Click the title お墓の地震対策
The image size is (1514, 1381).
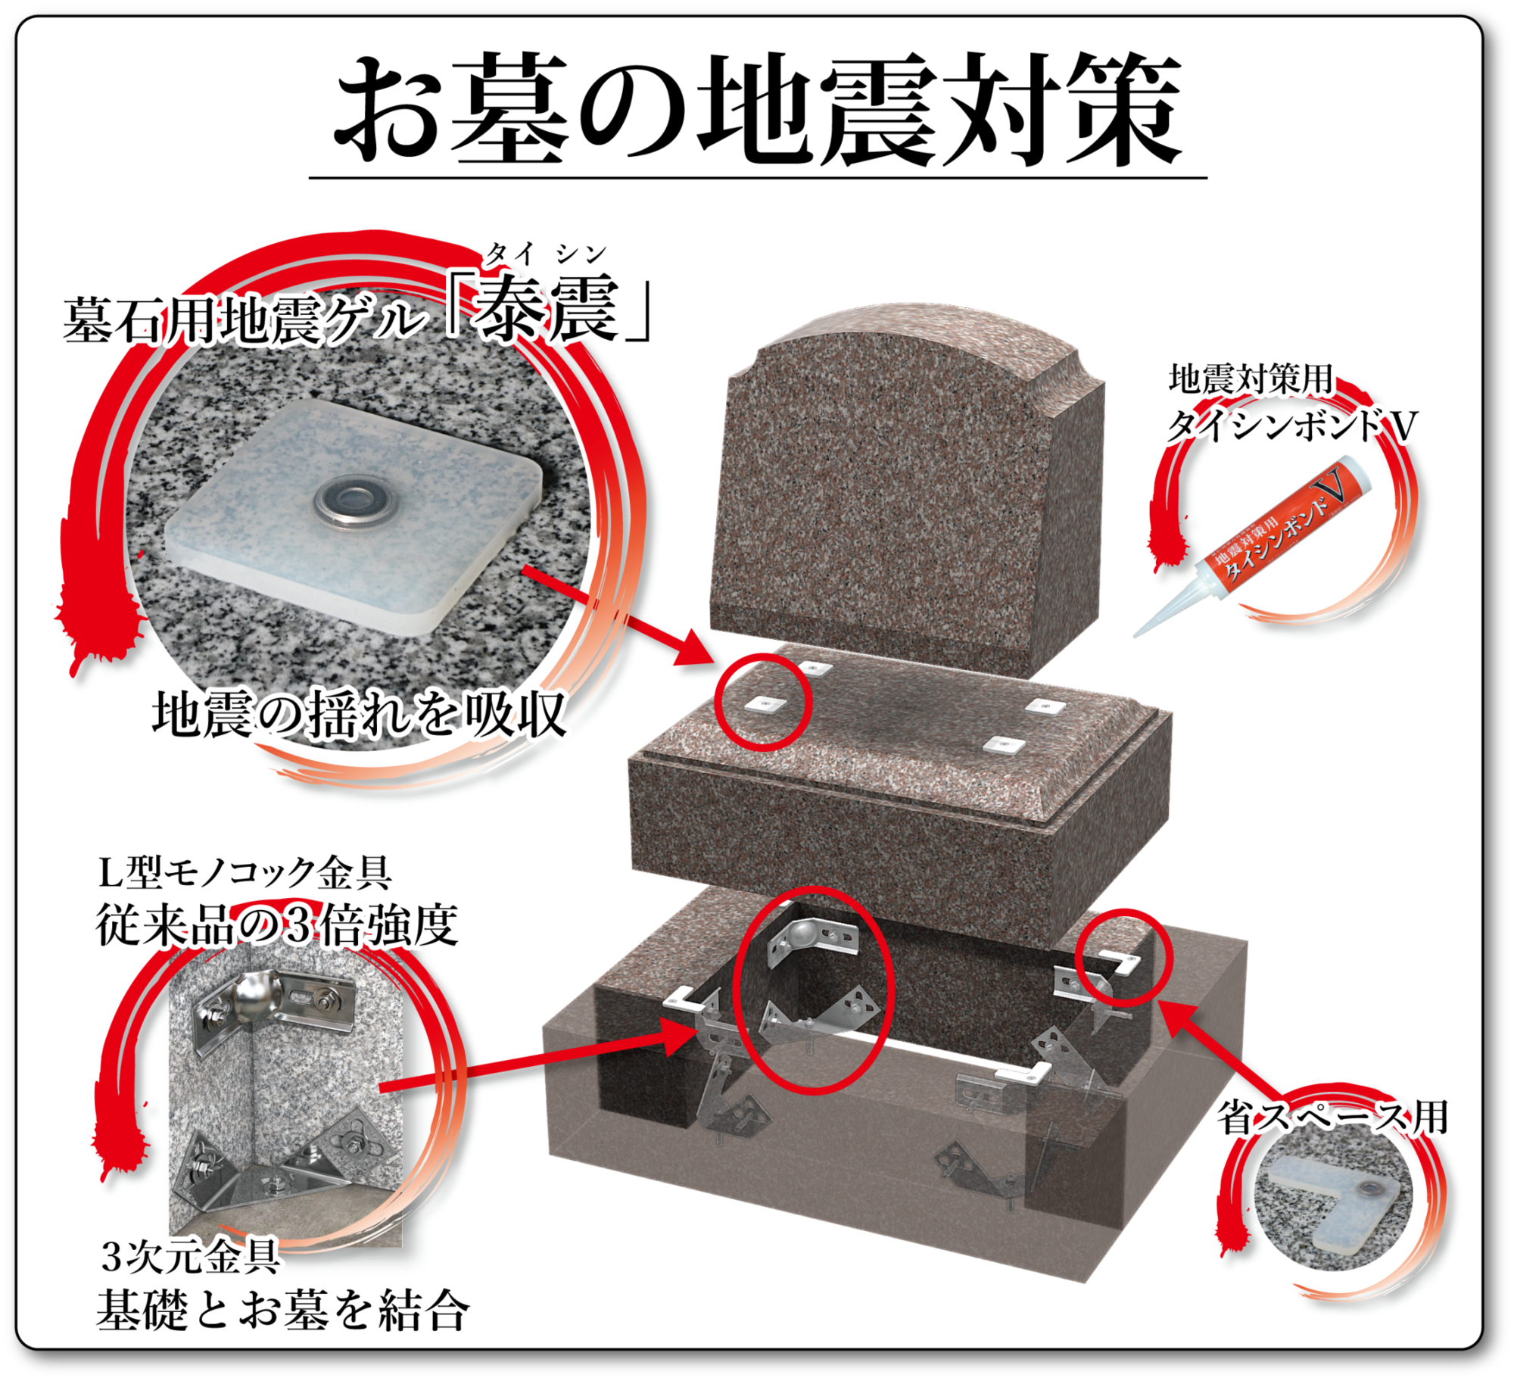[x=758, y=110]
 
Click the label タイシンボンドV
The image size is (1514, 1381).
[x=1291, y=426]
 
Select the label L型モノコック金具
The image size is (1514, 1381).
[x=245, y=873]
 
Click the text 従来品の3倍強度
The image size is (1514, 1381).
[x=277, y=924]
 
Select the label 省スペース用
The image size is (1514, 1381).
[x=1333, y=1118]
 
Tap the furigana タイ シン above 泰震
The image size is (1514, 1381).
[x=546, y=254]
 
